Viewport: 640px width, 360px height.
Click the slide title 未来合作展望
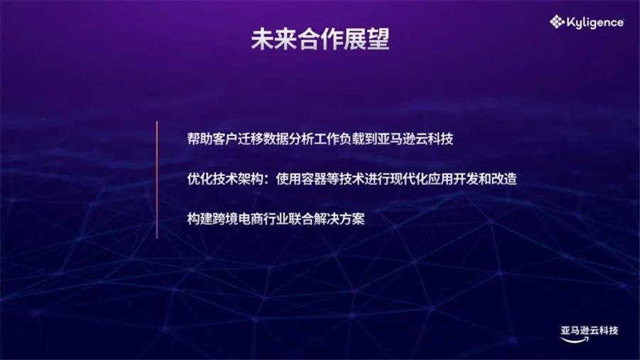(x=320, y=40)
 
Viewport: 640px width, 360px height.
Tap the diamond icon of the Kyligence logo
(x=557, y=21)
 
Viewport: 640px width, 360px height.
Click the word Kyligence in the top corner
(x=595, y=23)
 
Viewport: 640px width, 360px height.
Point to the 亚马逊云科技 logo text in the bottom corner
(x=590, y=330)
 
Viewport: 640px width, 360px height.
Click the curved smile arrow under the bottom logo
(x=575, y=339)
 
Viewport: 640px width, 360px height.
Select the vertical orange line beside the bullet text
(x=156, y=179)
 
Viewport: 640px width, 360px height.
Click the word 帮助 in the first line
(x=200, y=139)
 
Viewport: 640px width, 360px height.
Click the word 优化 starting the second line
(x=200, y=179)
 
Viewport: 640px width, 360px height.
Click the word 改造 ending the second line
(x=504, y=179)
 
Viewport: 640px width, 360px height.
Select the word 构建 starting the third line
(x=200, y=219)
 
